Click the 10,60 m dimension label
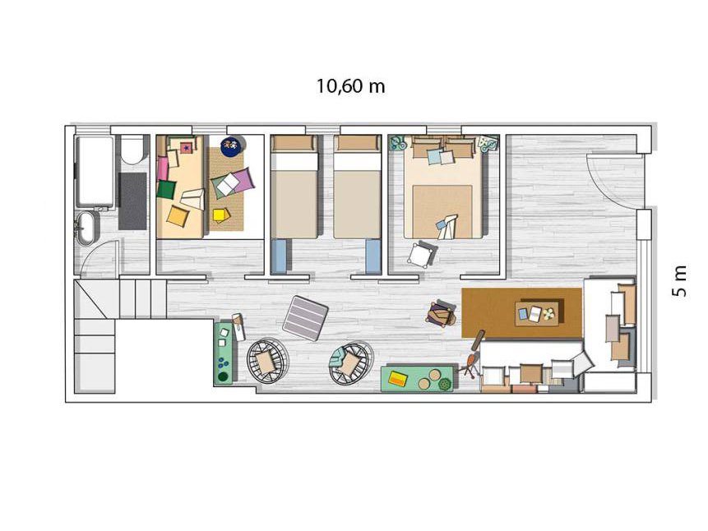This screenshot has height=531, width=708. (x=350, y=85)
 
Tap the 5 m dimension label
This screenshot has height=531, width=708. (x=679, y=281)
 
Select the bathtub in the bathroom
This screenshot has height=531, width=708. (x=95, y=172)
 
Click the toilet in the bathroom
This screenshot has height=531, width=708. (x=132, y=149)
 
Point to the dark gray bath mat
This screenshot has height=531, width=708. (x=132, y=201)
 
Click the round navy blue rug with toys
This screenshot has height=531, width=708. (x=233, y=147)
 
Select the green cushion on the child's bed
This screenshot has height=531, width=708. (x=166, y=189)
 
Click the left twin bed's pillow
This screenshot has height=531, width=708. (x=294, y=143)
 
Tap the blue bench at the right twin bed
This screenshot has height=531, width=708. (x=373, y=256)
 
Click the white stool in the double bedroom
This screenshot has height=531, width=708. (x=421, y=255)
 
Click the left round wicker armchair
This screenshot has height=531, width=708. (x=267, y=361)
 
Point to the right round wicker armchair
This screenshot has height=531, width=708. (x=350, y=362)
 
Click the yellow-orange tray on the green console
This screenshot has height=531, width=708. (x=397, y=378)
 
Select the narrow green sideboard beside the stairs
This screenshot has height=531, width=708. (x=224, y=353)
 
